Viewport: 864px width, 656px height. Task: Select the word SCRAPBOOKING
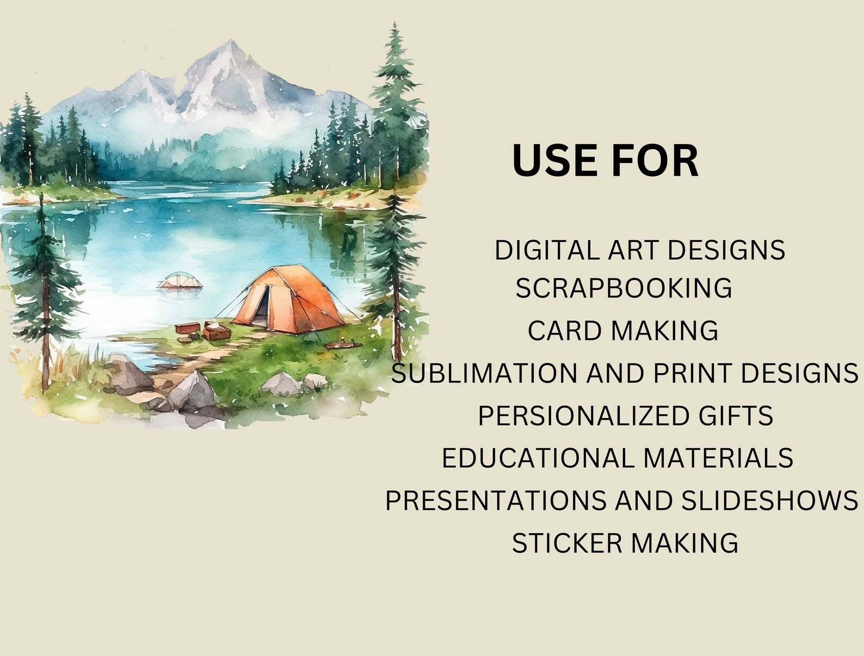[x=624, y=288]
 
